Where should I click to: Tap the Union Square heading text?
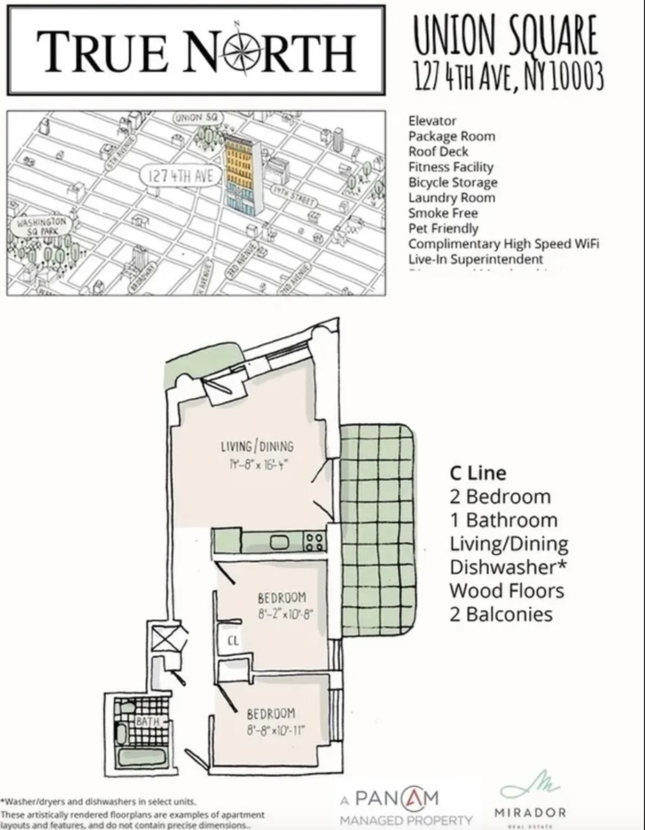pyautogui.click(x=504, y=35)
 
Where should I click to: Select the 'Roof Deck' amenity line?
pyautogui.click(x=438, y=152)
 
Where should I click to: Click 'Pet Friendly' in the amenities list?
pyautogui.click(x=443, y=229)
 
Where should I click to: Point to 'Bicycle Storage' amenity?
pyautogui.click(x=453, y=183)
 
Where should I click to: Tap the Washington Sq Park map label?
pyautogui.click(x=41, y=225)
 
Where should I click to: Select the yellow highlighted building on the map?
pyautogui.click(x=240, y=160)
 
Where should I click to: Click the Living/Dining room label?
pyautogui.click(x=257, y=447)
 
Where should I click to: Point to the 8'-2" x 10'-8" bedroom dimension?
pyautogui.click(x=282, y=614)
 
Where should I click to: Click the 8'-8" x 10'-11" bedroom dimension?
pyautogui.click(x=275, y=731)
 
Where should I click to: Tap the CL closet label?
pyautogui.click(x=232, y=641)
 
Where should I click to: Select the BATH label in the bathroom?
pyautogui.click(x=148, y=721)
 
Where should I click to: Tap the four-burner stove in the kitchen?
pyautogui.click(x=314, y=542)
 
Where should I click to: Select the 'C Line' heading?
pyautogui.click(x=478, y=473)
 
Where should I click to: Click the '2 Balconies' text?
pyautogui.click(x=501, y=614)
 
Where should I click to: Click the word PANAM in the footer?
pyautogui.click(x=397, y=799)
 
